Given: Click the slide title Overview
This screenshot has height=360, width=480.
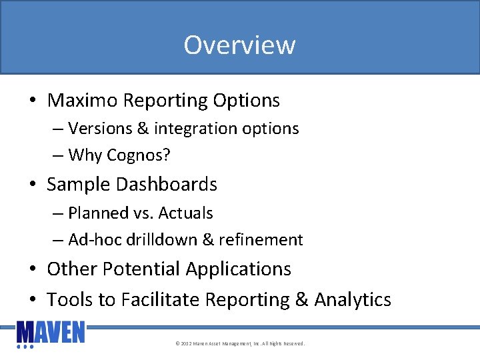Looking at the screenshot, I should click(239, 45).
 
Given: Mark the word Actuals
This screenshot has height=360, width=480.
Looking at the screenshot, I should click(185, 213).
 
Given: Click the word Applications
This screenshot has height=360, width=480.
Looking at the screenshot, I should click(238, 269).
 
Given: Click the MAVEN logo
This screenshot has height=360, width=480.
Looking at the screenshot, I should click(51, 334).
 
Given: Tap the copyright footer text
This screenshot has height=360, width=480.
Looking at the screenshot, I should click(240, 344).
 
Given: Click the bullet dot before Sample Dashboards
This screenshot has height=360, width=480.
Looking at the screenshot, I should click(33, 185).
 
